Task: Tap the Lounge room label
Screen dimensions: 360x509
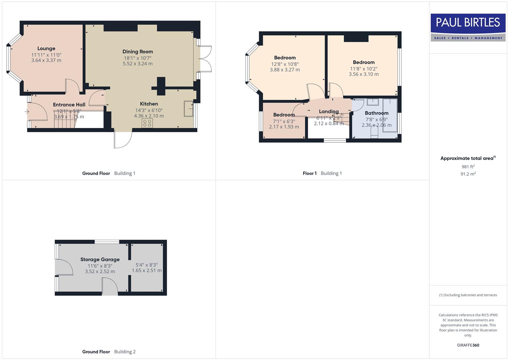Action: [x=46, y=49]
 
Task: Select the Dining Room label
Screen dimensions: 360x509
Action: [x=138, y=52]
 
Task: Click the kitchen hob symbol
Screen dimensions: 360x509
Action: [x=147, y=123]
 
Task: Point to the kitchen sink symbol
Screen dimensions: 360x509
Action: [x=188, y=108]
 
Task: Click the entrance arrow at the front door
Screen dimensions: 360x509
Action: [x=27, y=112]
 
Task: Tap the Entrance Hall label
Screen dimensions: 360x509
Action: [x=69, y=105]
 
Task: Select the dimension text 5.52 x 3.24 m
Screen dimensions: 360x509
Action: [x=138, y=64]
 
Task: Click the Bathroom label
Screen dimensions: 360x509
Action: [x=376, y=113]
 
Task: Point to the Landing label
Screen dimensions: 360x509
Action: [x=329, y=112]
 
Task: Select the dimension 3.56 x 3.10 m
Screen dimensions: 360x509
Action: [x=364, y=74]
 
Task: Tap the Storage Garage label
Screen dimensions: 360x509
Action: [x=100, y=259]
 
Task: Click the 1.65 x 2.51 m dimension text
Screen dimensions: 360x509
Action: [x=147, y=271]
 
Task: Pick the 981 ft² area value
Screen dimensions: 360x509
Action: [x=468, y=167]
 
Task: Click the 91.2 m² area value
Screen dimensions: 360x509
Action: [x=468, y=174]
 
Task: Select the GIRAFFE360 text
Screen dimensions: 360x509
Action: [x=468, y=345]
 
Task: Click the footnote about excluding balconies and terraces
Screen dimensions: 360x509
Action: [x=468, y=295]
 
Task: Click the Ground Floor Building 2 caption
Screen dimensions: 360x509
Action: [x=109, y=352]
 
